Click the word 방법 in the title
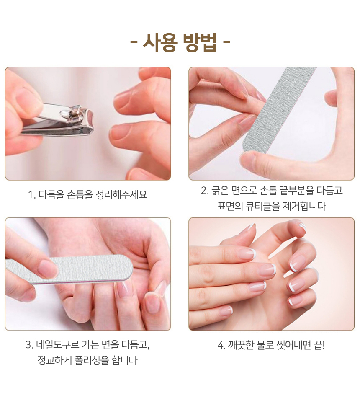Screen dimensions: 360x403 [x=200, y=43]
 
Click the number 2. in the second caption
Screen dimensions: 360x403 [x=205, y=191]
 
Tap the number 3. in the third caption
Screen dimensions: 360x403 [x=29, y=345]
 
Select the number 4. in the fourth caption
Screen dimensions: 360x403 [x=221, y=345]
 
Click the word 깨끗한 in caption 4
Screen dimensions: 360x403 [x=241, y=345]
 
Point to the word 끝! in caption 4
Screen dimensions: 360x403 [x=319, y=345]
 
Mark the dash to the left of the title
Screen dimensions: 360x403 [x=134, y=43]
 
